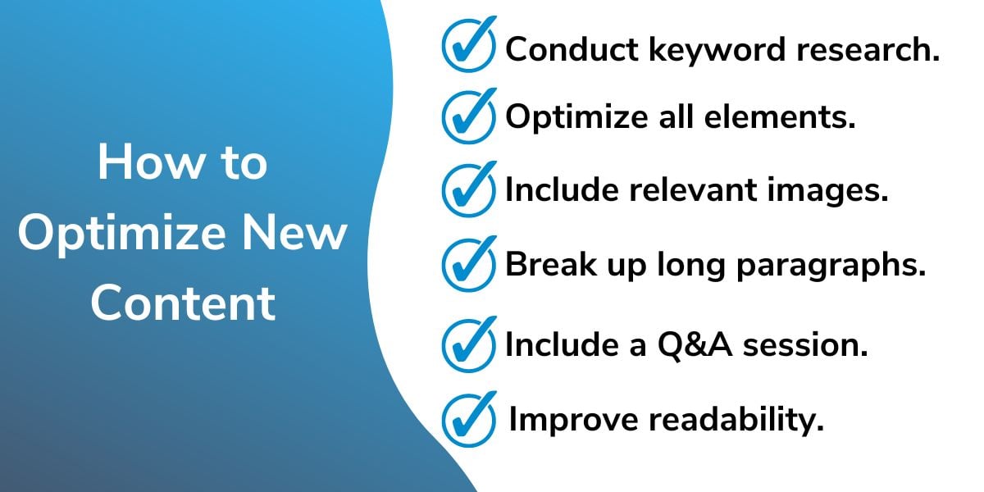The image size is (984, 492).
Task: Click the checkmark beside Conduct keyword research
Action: pos(468,45)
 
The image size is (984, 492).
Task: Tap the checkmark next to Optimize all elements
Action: pos(468,116)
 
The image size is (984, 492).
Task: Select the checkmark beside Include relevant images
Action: pos(468,190)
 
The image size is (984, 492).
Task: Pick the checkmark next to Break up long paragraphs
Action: pos(468,265)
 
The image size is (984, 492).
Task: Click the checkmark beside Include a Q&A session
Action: pos(468,345)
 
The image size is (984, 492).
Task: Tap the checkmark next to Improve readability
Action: pos(468,421)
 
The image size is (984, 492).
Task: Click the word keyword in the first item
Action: pos(717,50)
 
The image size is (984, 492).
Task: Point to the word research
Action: pos(868,49)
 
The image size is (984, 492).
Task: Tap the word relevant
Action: pos(693,189)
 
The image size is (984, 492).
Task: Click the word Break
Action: pos(551,264)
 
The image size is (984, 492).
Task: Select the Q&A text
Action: pos(695,345)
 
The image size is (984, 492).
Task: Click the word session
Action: pos(805,345)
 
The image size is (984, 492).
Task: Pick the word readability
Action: pos(736,421)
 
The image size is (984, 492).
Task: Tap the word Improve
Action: pos(573,421)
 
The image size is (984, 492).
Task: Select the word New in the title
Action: pos(294,232)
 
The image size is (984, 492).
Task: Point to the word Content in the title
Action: pos(183,303)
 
